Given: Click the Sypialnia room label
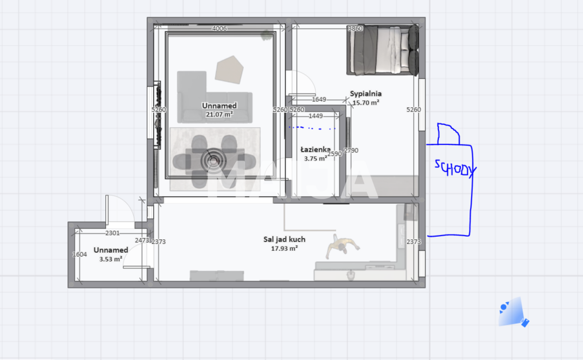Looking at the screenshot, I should pyautogui.click(x=366, y=94).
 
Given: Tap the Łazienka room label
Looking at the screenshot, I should pyautogui.click(x=315, y=150).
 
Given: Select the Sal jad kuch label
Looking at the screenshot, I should pyautogui.click(x=284, y=239).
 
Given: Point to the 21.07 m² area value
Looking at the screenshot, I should pyautogui.click(x=220, y=114).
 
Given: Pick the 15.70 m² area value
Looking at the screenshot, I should pyautogui.click(x=366, y=102).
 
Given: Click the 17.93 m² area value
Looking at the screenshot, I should pyautogui.click(x=284, y=248).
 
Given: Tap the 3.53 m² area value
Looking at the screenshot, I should pyautogui.click(x=111, y=259).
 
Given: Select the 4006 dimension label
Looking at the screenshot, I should pyautogui.click(x=220, y=29).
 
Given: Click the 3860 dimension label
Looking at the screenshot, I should pyautogui.click(x=355, y=29).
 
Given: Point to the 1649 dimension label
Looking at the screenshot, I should pyautogui.click(x=319, y=99).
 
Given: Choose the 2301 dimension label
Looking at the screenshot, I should pyautogui.click(x=113, y=233).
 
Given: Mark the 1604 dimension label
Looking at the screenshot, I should pyautogui.click(x=80, y=254).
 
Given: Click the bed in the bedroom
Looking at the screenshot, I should pyautogui.click(x=383, y=50).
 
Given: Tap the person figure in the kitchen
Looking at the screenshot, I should pyautogui.click(x=342, y=247).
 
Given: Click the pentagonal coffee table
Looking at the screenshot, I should pyautogui.click(x=230, y=69).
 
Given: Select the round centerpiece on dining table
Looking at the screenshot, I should pyautogui.click(x=213, y=160).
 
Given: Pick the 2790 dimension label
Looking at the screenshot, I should pyautogui.click(x=351, y=150).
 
